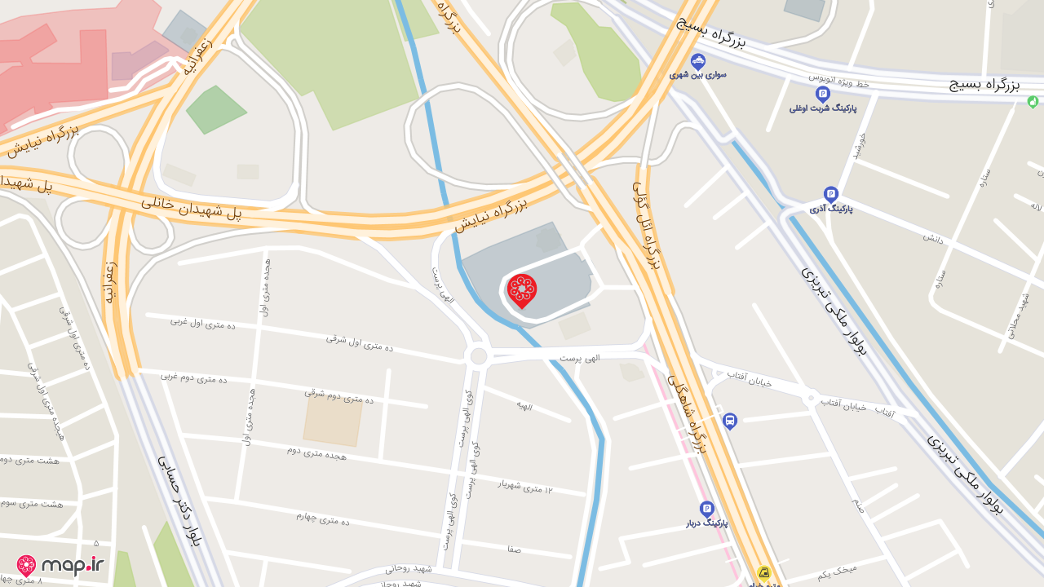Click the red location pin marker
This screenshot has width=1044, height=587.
pyautogui.click(x=522, y=291)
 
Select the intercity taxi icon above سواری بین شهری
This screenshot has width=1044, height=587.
pyautogui.click(x=698, y=61)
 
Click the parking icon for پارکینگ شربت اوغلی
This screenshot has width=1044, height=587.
pyautogui.click(x=822, y=95)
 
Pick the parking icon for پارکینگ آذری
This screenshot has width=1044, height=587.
pyautogui.click(x=831, y=194)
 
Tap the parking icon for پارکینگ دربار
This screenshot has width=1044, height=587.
pyautogui.click(x=706, y=509)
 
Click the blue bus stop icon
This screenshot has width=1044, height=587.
pyautogui.click(x=729, y=421)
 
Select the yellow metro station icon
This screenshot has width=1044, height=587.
pyautogui.click(x=764, y=573)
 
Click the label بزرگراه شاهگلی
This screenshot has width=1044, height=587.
pyautogui.click(x=687, y=413)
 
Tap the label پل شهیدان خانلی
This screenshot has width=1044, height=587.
pyautogui.click(x=192, y=207)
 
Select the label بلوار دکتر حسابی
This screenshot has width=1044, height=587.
pyautogui.click(x=179, y=500)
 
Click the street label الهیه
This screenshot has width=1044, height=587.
pyautogui.click(x=524, y=404)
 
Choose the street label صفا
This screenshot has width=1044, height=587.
pyautogui.click(x=514, y=549)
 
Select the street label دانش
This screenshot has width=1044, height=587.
pyautogui.click(x=933, y=238)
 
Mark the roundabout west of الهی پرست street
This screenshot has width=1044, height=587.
pyautogui.click(x=479, y=356)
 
